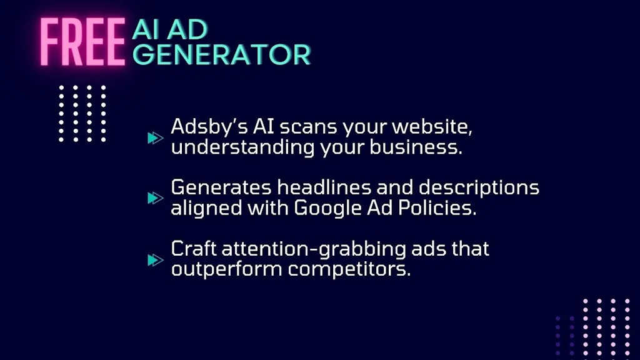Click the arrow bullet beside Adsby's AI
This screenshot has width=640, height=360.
point(154,137)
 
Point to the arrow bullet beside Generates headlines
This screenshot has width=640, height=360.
point(154,197)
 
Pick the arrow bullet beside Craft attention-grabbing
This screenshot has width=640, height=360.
point(154,259)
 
